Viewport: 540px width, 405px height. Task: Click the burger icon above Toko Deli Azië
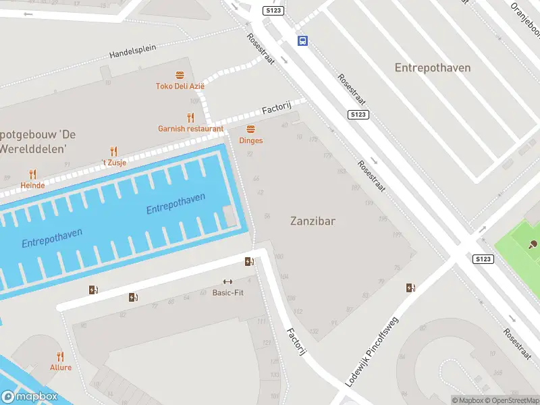click(180, 75)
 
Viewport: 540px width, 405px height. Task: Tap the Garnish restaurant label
click(190, 128)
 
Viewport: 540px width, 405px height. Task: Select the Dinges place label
click(250, 140)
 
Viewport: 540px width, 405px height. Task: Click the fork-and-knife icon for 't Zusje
click(113, 152)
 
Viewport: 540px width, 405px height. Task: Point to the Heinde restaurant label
click(32, 185)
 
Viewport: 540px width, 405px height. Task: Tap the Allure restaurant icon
click(60, 356)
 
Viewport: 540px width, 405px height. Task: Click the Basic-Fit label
click(227, 293)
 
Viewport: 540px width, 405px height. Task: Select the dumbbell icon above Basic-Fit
click(227, 282)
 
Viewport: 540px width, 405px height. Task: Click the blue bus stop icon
click(302, 40)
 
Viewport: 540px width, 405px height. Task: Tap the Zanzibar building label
click(313, 221)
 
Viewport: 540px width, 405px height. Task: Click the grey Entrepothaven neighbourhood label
click(433, 67)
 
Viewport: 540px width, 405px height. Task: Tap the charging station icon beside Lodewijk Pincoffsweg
click(410, 288)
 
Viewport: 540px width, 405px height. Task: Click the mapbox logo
click(29, 397)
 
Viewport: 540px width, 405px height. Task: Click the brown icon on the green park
click(533, 244)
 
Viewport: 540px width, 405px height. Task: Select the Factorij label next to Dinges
click(276, 108)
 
